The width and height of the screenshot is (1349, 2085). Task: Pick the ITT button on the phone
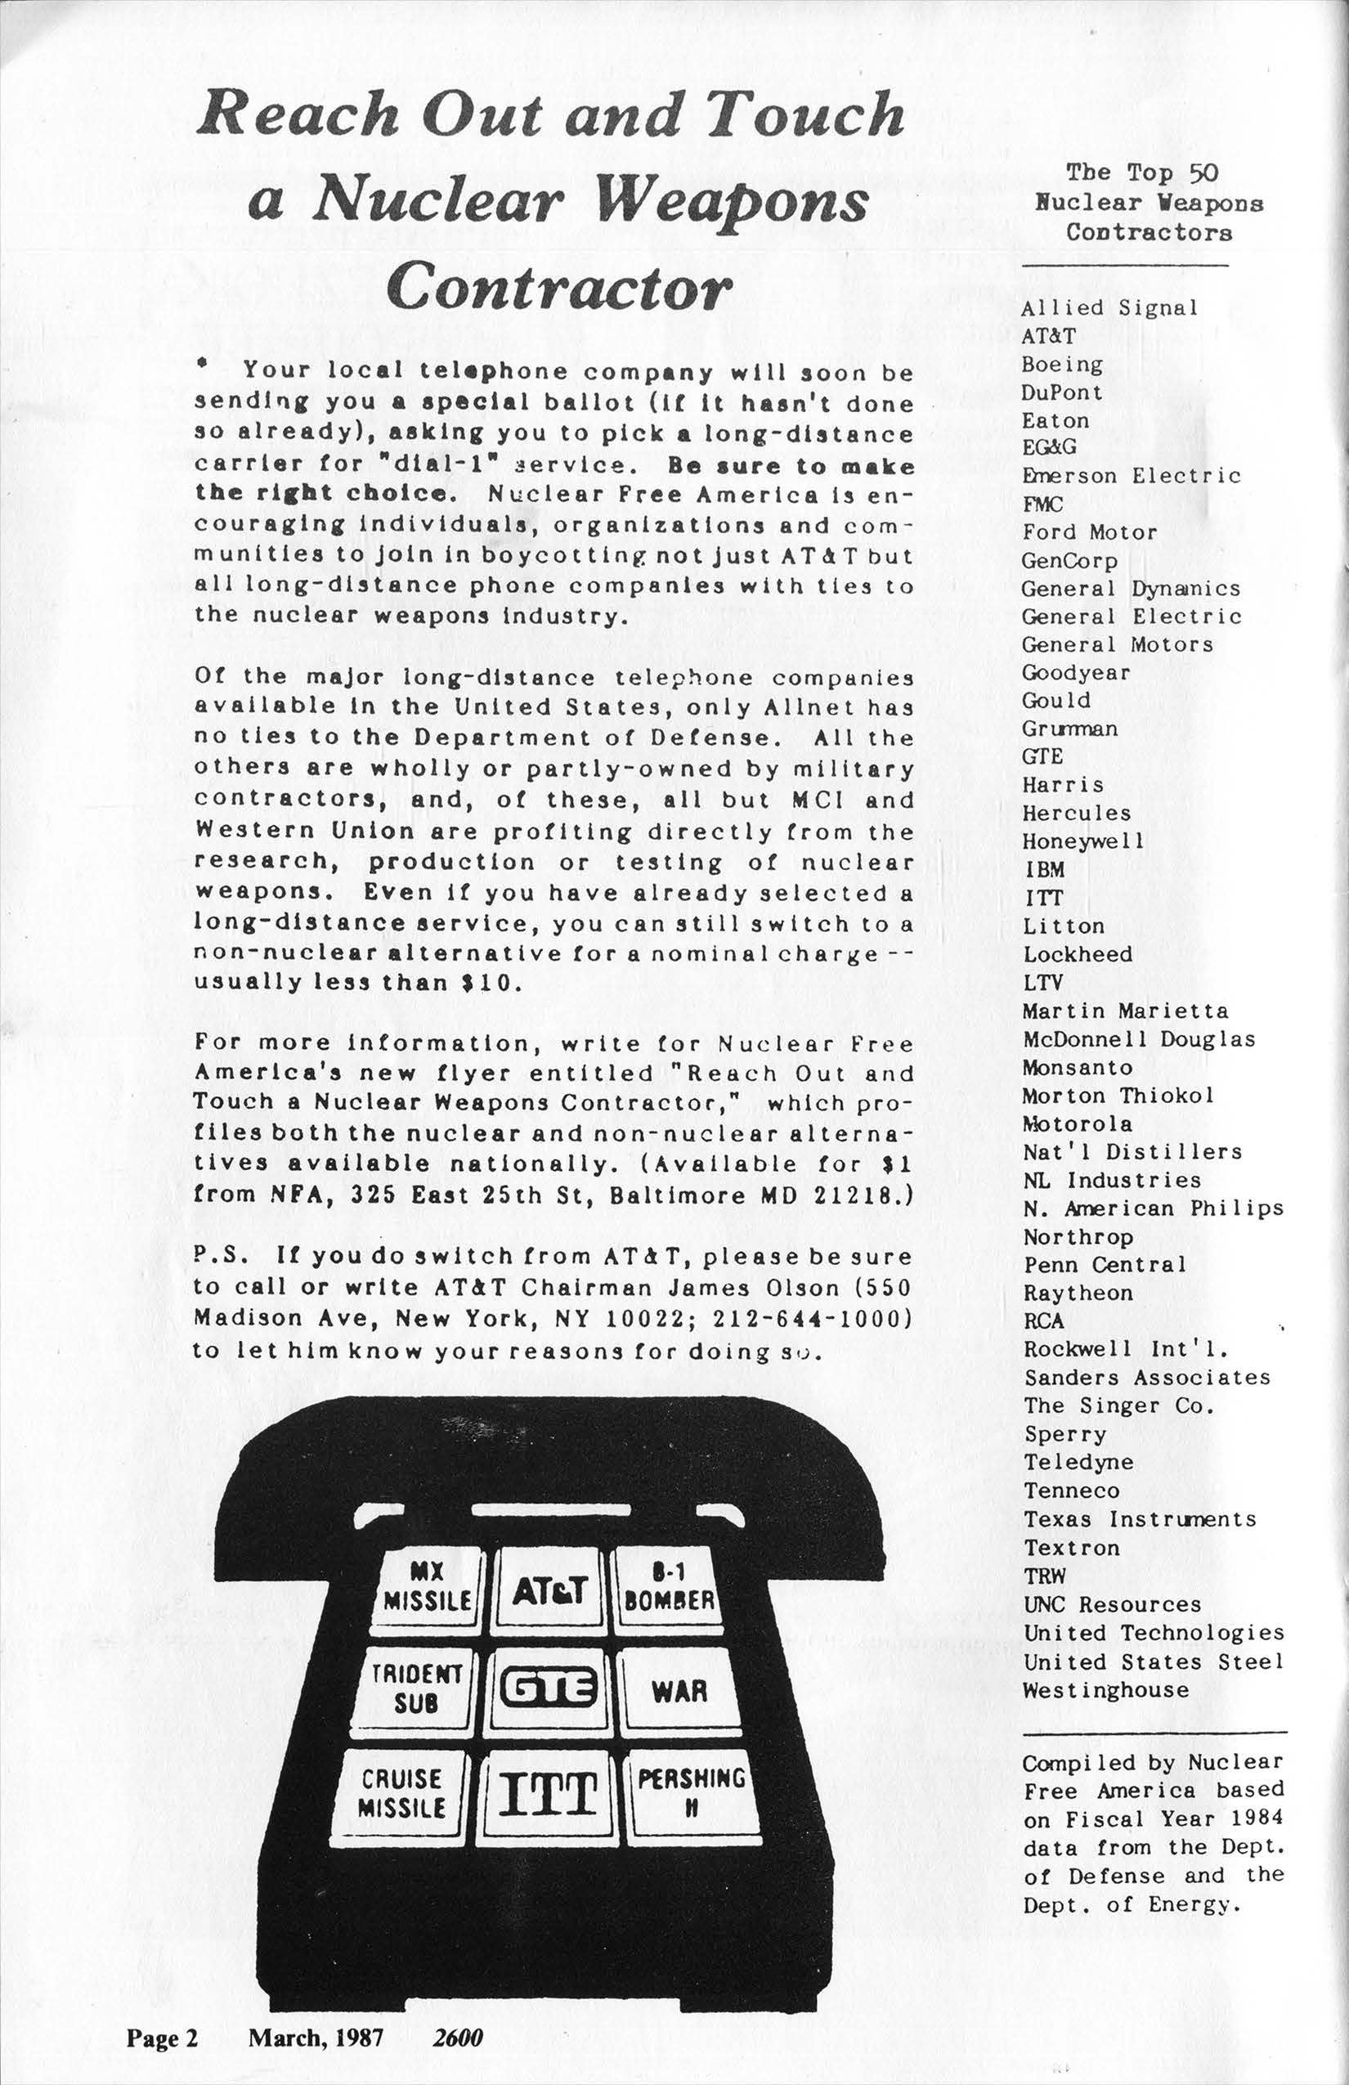click(548, 1795)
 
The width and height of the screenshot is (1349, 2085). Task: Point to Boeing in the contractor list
click(1062, 365)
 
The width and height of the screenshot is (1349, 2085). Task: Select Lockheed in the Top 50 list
click(1078, 954)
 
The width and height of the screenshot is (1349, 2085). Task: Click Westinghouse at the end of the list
click(1105, 1690)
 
